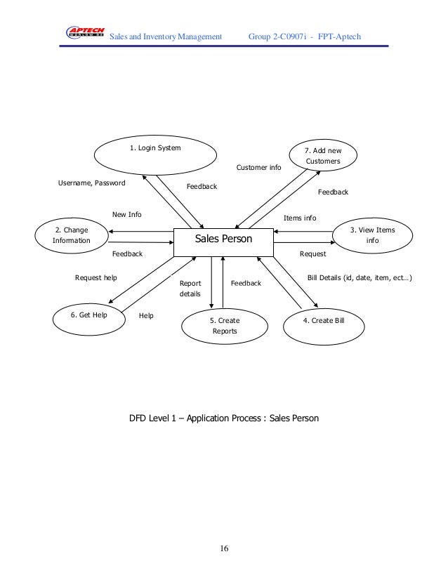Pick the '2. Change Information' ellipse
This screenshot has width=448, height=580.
(x=72, y=235)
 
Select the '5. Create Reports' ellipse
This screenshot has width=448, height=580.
(x=225, y=326)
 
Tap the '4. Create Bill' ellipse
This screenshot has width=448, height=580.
(x=323, y=320)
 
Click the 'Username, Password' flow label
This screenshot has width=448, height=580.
(x=91, y=183)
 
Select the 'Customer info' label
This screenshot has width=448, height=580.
(x=258, y=168)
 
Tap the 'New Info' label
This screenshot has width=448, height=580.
(x=127, y=214)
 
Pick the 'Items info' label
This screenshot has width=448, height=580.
(x=300, y=218)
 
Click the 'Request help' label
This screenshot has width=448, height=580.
(x=96, y=278)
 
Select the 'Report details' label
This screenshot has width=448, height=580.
(x=190, y=289)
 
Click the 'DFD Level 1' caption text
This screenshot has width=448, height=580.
(x=223, y=419)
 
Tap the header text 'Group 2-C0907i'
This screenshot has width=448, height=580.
(x=279, y=36)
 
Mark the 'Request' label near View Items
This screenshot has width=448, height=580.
(x=312, y=253)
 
